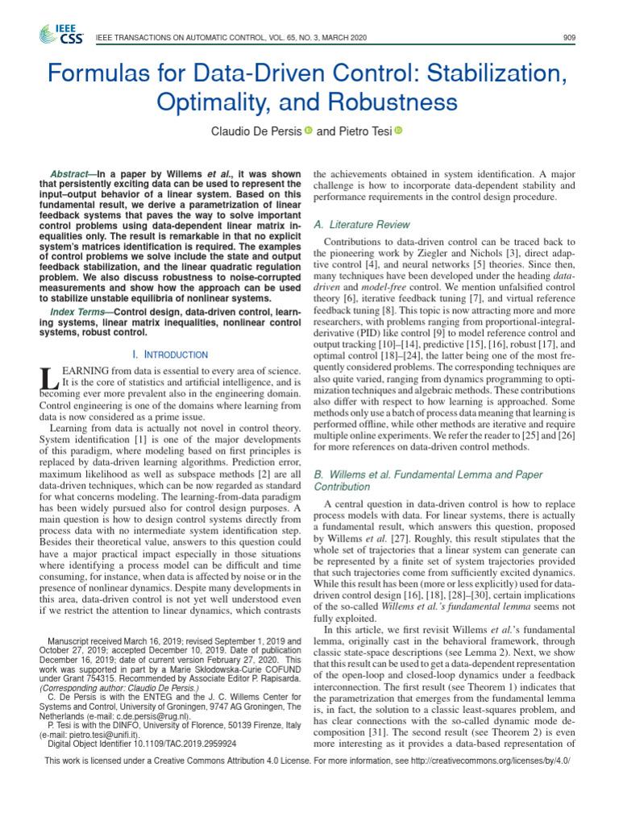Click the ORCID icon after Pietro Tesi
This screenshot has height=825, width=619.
[397, 131]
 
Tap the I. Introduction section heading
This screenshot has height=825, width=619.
[169, 354]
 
